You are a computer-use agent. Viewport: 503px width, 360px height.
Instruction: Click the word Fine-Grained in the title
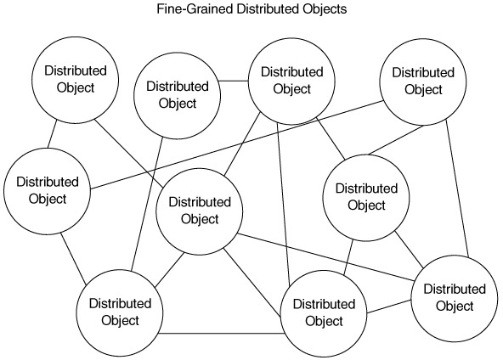click(195, 9)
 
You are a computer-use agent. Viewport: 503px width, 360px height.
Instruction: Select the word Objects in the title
click(325, 8)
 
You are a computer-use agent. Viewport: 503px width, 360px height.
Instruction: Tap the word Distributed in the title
click(268, 8)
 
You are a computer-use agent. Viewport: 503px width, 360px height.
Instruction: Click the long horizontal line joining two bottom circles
click(222, 334)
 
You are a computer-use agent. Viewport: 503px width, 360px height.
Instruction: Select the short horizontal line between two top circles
click(234, 81)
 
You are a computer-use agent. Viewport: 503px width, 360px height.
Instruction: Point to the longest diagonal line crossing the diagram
click(237, 145)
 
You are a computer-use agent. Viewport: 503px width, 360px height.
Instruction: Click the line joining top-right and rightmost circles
click(457, 188)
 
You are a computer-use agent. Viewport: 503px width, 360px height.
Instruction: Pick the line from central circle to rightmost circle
click(325, 257)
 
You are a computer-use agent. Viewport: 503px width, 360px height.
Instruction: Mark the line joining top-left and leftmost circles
click(52, 134)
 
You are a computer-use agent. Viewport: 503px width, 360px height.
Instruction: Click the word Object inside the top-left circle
click(76, 87)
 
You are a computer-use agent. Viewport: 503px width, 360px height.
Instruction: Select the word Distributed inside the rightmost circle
click(455, 289)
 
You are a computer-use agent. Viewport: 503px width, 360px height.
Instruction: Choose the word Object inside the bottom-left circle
click(120, 321)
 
